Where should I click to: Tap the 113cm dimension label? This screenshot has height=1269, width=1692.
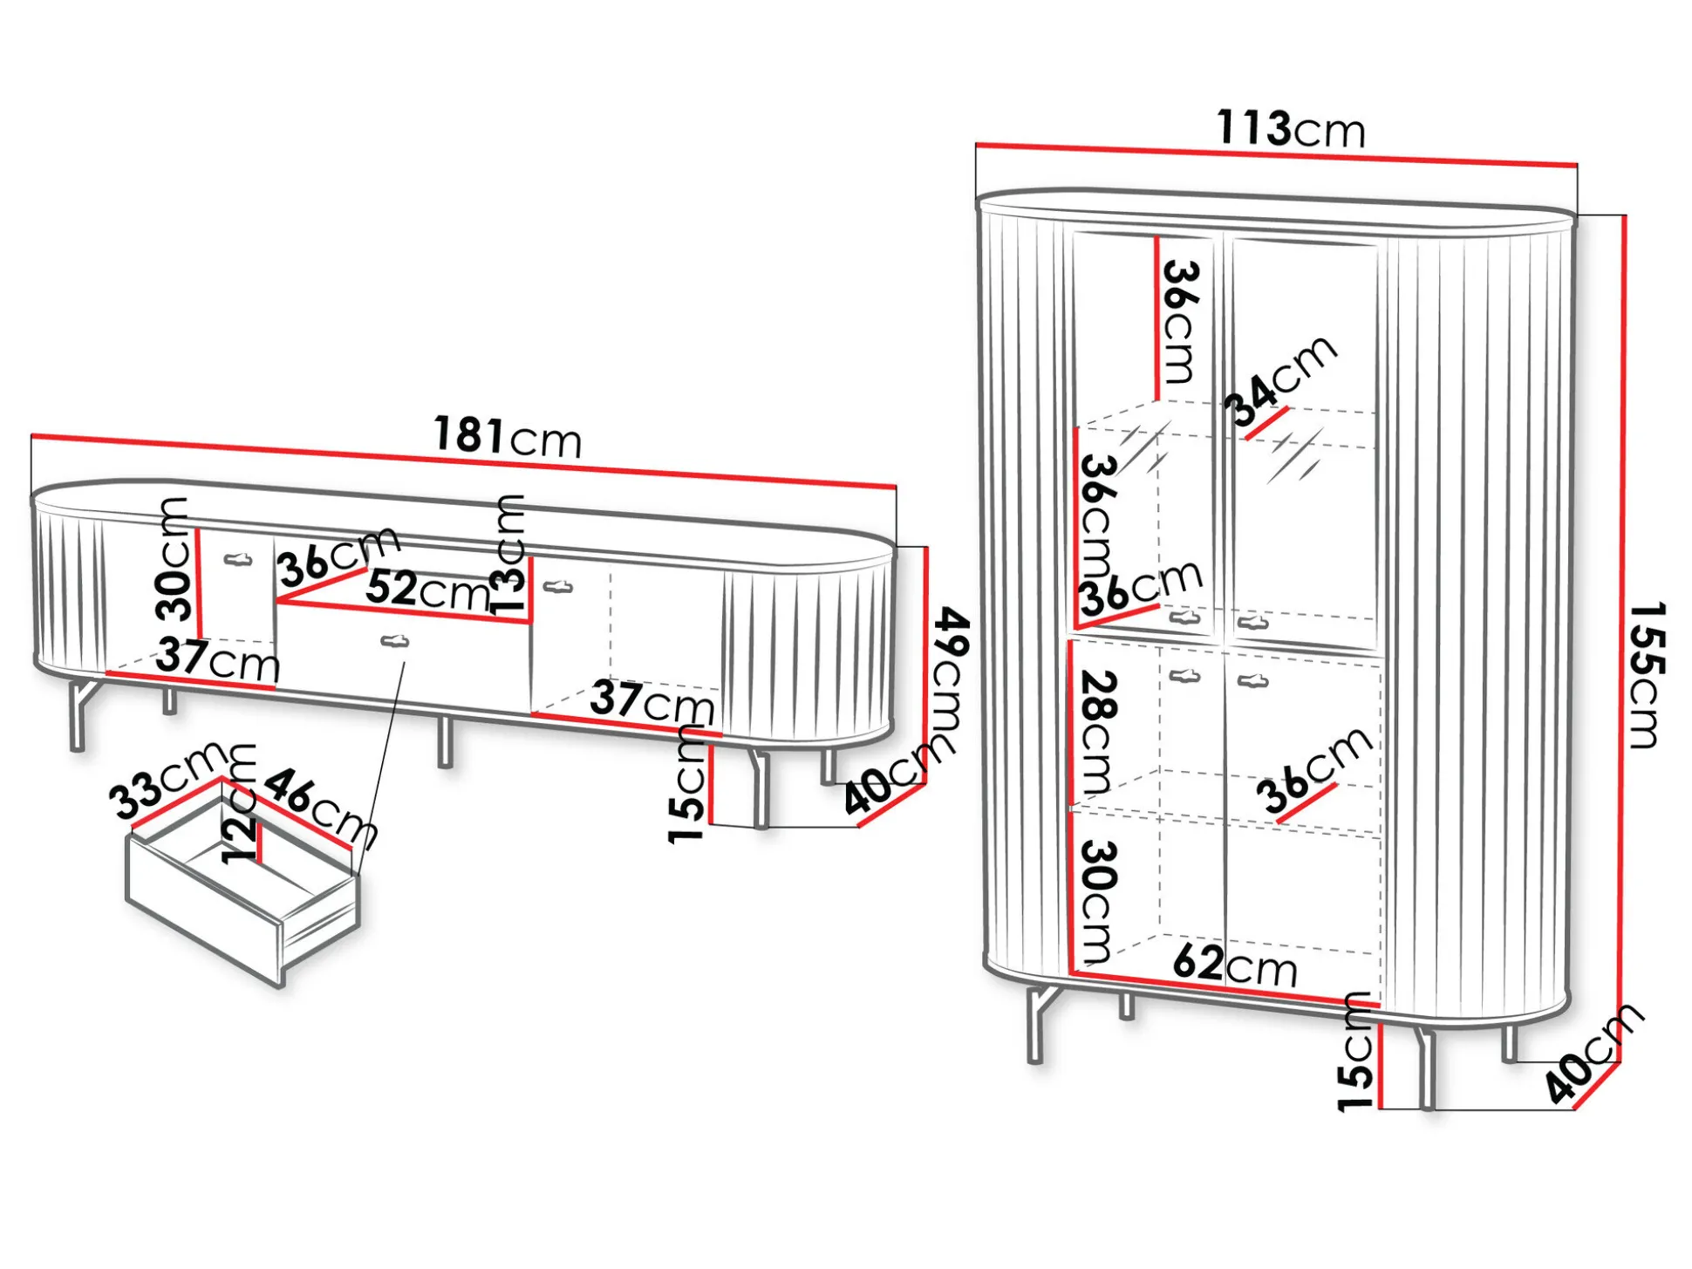click(x=1291, y=128)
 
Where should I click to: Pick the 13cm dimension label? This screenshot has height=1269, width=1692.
click(x=510, y=556)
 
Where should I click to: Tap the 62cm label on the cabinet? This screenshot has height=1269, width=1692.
click(x=1235, y=965)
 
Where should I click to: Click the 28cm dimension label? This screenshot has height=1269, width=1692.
click(x=1098, y=733)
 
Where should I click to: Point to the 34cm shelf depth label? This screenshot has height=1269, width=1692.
click(x=1280, y=380)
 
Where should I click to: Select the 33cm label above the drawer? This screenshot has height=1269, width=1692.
click(x=169, y=781)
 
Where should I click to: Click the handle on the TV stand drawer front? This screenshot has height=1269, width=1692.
click(x=395, y=642)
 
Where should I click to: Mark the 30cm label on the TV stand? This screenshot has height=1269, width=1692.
click(x=174, y=559)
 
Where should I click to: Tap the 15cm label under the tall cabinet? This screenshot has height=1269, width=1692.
click(x=1355, y=1051)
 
